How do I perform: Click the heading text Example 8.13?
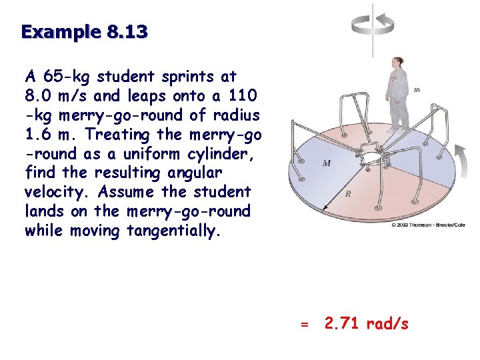(85, 31)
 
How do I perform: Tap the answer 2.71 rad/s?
(366, 324)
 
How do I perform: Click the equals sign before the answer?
(304, 325)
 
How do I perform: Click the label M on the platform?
(327, 163)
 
